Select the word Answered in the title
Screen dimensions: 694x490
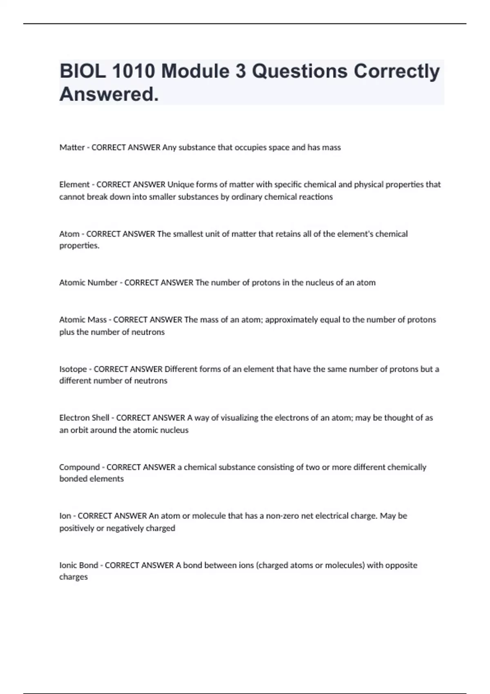(x=109, y=95)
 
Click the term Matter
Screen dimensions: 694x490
(x=72, y=147)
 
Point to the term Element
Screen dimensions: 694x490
(x=74, y=185)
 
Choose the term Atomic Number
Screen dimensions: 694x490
(x=88, y=282)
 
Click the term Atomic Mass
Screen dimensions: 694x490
(x=83, y=320)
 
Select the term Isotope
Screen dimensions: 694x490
(x=73, y=369)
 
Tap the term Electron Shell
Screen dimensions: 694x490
(x=84, y=418)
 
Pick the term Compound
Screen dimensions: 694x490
(x=79, y=467)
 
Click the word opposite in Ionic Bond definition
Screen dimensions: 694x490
(x=401, y=565)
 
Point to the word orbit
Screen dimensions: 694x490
(x=79, y=430)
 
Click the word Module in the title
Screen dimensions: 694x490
(x=196, y=71)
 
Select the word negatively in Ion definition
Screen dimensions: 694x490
(x=126, y=528)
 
